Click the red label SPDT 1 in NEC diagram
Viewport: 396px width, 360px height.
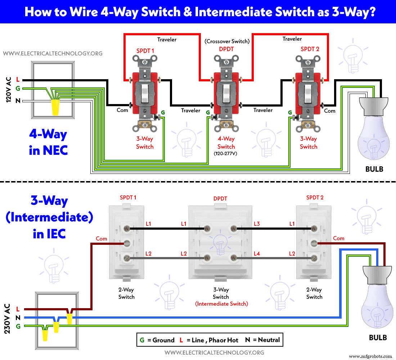[x=145, y=51]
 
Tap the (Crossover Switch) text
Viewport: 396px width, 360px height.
[x=227, y=41]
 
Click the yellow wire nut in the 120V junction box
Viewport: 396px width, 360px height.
[x=55, y=107]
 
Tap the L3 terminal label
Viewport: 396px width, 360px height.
[x=256, y=224]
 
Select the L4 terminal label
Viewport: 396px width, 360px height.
[x=256, y=254]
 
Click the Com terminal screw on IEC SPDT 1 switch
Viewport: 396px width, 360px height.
[x=126, y=243]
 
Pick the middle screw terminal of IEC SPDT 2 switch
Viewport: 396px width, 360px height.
[x=314, y=243]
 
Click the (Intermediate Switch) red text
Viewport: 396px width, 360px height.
[x=221, y=303]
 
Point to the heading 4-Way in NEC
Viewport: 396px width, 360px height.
[x=48, y=142]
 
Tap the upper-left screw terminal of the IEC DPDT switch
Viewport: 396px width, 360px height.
[x=207, y=228]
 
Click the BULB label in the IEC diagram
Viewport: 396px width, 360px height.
[x=378, y=338]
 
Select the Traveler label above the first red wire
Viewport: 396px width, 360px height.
[x=167, y=39]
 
